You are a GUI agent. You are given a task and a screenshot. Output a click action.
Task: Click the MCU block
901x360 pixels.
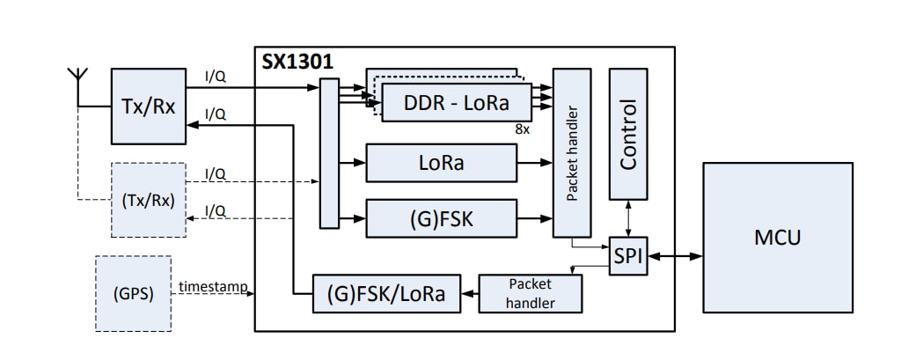[x=777, y=237]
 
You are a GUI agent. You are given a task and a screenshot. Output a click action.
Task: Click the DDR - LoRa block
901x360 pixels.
[x=457, y=102]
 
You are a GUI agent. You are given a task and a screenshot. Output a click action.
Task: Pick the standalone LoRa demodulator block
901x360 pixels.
[x=441, y=164]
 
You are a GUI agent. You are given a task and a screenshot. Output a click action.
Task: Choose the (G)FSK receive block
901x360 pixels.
[x=441, y=218]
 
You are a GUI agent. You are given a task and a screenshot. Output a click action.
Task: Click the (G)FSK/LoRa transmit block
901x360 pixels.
[x=386, y=293]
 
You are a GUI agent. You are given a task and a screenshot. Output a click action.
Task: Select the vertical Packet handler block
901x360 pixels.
[x=572, y=152]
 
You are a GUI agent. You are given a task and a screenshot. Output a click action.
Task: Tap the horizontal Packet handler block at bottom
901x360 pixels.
[x=530, y=293]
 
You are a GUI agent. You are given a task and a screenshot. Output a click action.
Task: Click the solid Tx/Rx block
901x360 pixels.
[x=148, y=107]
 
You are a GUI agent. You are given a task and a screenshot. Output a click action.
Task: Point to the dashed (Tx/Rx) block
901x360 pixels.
[x=148, y=200]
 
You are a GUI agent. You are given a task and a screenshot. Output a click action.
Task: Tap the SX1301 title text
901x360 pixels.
[x=297, y=62]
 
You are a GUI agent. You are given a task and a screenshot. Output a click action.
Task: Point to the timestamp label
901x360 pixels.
[x=212, y=287]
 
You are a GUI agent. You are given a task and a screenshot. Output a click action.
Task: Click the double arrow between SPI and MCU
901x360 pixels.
[x=674, y=256]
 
